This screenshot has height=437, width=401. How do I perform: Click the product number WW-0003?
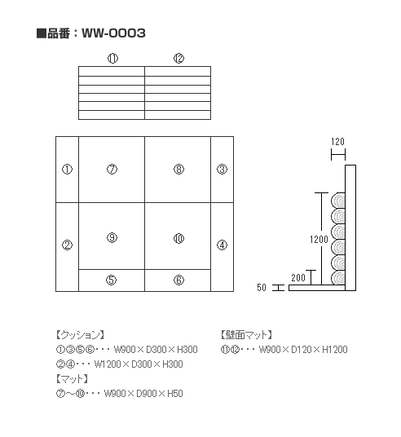[113, 33]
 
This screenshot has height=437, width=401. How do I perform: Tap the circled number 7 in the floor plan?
[112, 169]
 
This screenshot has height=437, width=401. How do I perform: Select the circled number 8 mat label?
[178, 169]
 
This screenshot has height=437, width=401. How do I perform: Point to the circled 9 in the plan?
[112, 238]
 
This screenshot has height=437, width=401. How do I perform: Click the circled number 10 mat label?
[178, 239]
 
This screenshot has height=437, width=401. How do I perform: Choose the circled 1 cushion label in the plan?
[67, 169]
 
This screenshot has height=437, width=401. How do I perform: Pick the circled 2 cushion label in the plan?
[67, 245]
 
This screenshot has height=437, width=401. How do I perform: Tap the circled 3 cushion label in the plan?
[222, 169]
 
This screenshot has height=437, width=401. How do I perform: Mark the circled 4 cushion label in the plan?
[222, 245]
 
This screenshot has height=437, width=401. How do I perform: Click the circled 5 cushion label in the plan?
[111, 280]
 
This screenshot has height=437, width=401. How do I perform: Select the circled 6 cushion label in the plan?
[178, 280]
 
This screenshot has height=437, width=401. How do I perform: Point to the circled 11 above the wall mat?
[112, 58]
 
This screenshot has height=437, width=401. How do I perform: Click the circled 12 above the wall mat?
[178, 58]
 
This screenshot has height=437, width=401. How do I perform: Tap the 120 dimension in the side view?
[337, 142]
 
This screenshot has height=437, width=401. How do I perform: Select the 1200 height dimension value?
[319, 240]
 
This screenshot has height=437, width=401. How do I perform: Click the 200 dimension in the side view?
[298, 277]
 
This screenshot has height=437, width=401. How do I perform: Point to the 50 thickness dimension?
[262, 288]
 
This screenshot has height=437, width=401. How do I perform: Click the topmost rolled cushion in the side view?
[338, 201]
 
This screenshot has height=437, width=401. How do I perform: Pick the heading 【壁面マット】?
[247, 335]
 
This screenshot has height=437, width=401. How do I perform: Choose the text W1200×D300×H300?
[139, 364]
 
